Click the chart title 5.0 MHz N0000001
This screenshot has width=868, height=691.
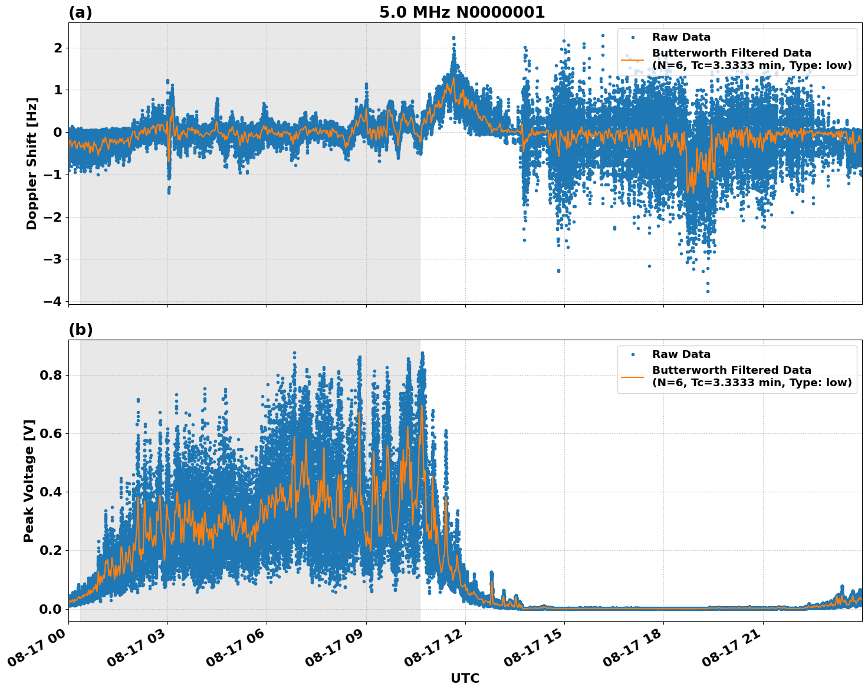pyautogui.click(x=462, y=12)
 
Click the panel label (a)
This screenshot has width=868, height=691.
pyautogui.click(x=80, y=12)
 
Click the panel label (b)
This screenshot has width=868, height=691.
pyautogui.click(x=80, y=330)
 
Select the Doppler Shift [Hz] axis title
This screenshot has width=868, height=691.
pyautogui.click(x=32, y=163)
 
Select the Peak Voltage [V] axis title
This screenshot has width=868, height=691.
pyautogui.click(x=29, y=481)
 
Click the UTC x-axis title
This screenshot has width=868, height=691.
pyautogui.click(x=465, y=678)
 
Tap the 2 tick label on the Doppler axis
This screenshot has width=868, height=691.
pyautogui.click(x=58, y=48)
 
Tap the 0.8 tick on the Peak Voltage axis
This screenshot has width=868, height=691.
pyautogui.click(x=51, y=375)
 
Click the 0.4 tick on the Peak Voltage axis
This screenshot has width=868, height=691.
pyautogui.click(x=51, y=492)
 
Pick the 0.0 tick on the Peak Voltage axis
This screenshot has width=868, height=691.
pyautogui.click(x=51, y=608)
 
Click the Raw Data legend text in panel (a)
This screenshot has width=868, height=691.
pyautogui.click(x=681, y=37)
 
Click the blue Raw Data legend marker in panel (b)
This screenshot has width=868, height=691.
pyautogui.click(x=633, y=354)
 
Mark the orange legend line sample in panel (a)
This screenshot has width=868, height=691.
pyautogui.click(x=632, y=60)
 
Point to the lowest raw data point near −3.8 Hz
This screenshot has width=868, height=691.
pyautogui.click(x=708, y=291)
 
